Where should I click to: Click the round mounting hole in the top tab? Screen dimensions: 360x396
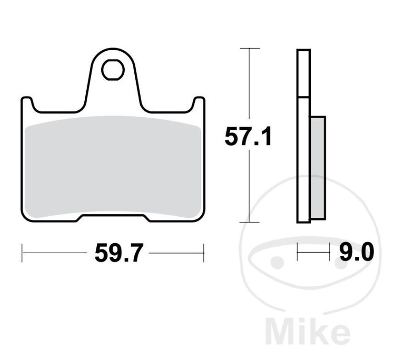pyautogui.click(x=113, y=70)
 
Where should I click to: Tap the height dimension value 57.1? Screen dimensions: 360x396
pyautogui.click(x=248, y=137)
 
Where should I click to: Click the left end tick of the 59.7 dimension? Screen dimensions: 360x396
pyautogui.click(x=22, y=253)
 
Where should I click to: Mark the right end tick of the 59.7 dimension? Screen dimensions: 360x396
pyautogui.click(x=203, y=253)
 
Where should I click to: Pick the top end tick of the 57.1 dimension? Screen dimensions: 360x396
pyautogui.click(x=249, y=48)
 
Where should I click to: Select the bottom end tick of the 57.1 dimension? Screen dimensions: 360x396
pyautogui.click(x=249, y=223)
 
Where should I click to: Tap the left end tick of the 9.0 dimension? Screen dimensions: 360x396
pyautogui.click(x=297, y=252)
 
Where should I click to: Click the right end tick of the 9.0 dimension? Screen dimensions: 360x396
pyautogui.click(x=329, y=252)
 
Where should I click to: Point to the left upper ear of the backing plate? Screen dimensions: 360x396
pyautogui.click(x=27, y=103)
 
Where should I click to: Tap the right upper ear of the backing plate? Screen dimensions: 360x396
pyautogui.click(x=198, y=103)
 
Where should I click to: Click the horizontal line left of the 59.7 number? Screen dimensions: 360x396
pyautogui.click(x=55, y=253)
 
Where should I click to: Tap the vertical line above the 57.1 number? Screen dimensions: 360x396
pyautogui.click(x=249, y=87)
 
